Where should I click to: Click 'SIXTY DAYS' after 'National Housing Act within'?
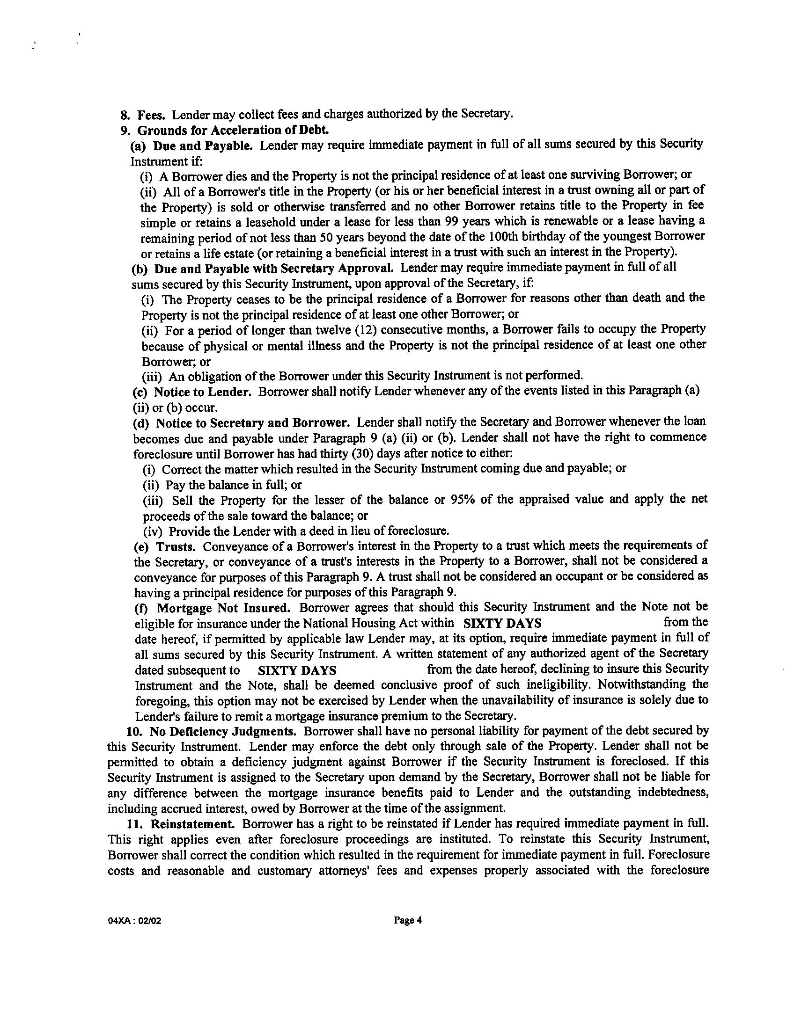(503, 624)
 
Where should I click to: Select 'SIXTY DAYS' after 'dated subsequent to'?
(297, 670)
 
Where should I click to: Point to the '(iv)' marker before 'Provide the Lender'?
(153, 532)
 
